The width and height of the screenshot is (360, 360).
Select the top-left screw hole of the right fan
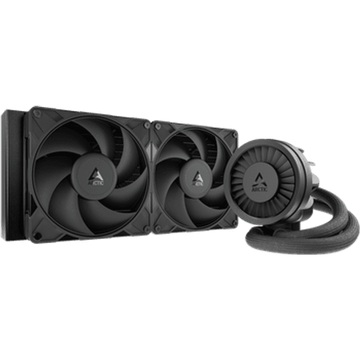158,124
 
